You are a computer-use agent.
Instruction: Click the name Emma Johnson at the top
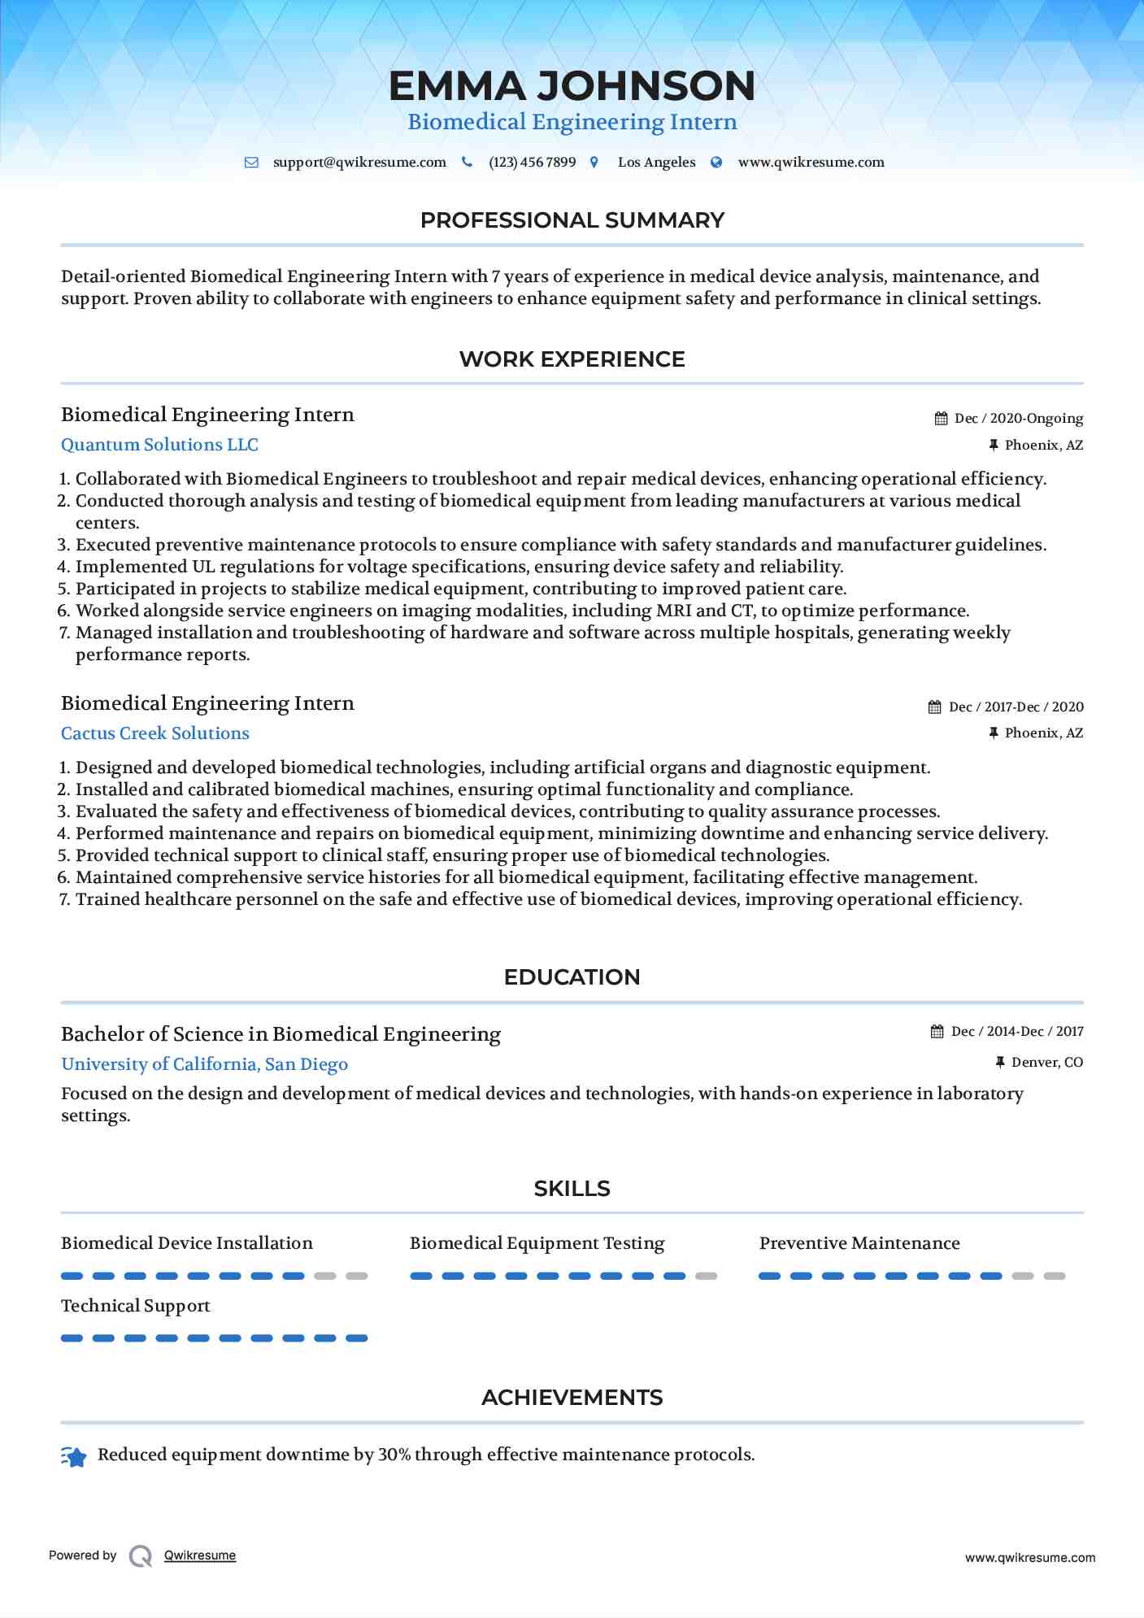572,86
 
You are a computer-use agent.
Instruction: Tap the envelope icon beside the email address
252,163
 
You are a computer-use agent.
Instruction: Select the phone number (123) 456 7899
532,163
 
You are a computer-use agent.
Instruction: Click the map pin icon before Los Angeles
594,163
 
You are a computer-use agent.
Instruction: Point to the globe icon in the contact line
716,163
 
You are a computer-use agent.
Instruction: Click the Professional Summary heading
572,220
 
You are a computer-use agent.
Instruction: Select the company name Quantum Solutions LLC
159,445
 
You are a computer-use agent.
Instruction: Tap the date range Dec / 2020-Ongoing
1018,419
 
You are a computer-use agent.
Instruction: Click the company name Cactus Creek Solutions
155,733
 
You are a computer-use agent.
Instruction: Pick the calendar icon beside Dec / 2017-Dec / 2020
935,707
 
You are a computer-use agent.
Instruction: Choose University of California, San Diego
204,1064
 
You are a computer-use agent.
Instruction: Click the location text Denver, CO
1046,1063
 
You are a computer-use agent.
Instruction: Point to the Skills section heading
572,1189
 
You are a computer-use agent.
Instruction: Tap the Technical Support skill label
136,1306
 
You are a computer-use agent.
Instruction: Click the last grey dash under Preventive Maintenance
1055,1277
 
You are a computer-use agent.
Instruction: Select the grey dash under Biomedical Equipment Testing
706,1277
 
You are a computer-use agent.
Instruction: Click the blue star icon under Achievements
74,1457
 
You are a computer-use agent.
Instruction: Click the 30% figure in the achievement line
394,1455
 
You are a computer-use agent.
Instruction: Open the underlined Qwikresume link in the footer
200,1555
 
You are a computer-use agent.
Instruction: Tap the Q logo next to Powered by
141,1555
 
